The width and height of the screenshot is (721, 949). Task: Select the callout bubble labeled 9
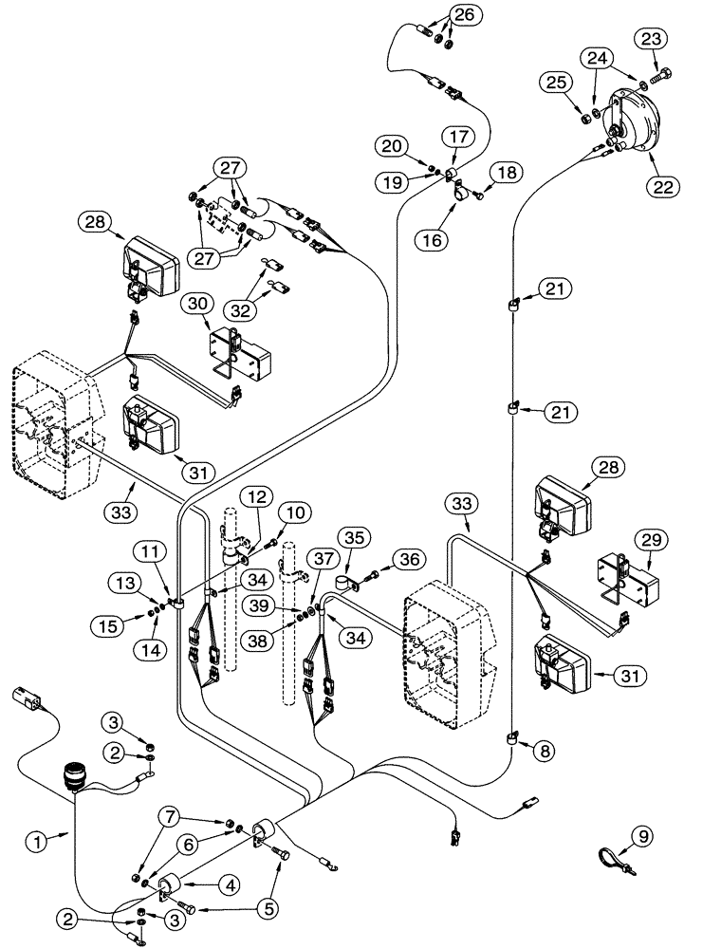coord(643,836)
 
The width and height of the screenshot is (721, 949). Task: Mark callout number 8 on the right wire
coord(544,750)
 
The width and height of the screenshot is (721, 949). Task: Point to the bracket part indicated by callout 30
coord(238,351)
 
